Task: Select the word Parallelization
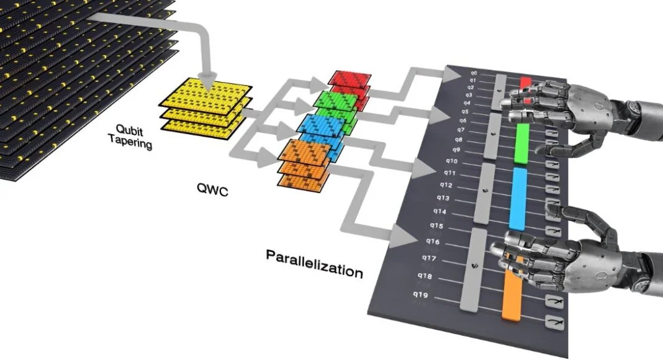click(315, 263)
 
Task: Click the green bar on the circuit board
click(522, 143)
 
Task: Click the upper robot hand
click(559, 106)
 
